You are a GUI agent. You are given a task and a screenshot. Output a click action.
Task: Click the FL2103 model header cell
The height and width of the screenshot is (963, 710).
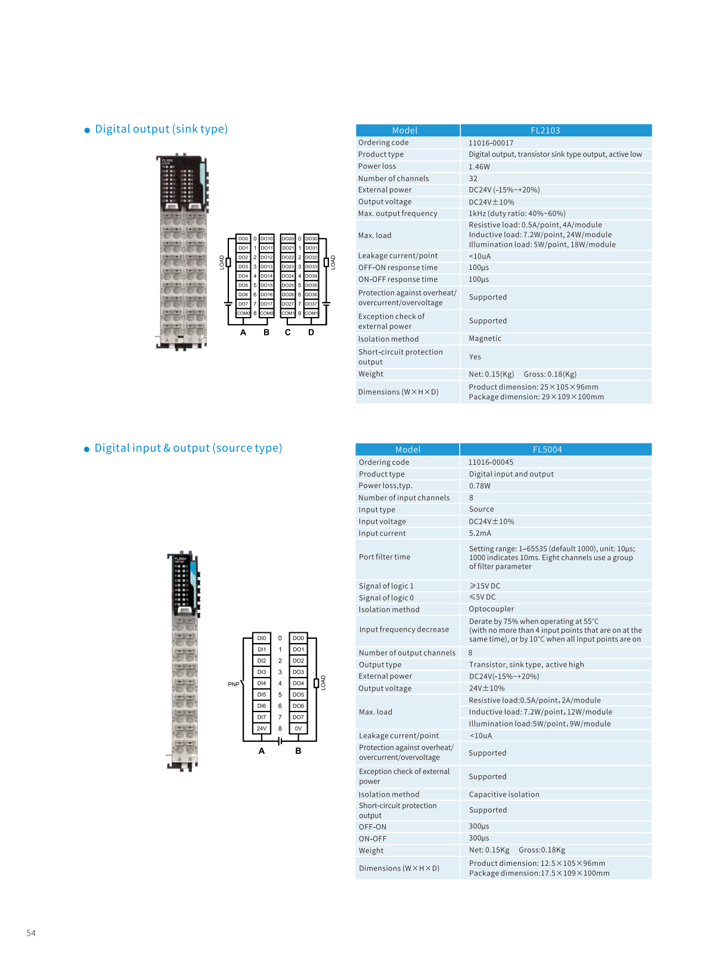(x=545, y=131)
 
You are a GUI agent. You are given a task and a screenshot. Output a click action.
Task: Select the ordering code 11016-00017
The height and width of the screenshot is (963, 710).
(x=491, y=143)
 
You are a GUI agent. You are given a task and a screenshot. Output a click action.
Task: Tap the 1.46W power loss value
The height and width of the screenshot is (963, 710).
(x=479, y=167)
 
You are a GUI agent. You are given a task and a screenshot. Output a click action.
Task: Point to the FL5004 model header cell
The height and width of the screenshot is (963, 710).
(x=547, y=450)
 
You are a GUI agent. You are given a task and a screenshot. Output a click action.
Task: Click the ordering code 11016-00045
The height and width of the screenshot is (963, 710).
(x=491, y=462)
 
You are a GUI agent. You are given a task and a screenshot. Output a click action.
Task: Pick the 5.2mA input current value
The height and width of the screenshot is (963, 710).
(x=480, y=533)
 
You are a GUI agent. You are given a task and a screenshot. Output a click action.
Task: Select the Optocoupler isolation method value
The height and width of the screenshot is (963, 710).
(x=491, y=609)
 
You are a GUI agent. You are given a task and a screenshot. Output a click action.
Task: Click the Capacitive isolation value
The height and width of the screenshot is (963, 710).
(x=504, y=794)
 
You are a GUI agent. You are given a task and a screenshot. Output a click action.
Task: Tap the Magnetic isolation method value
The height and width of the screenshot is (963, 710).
(x=485, y=338)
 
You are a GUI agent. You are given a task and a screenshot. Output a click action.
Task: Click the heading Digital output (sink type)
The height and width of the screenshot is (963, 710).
(x=161, y=129)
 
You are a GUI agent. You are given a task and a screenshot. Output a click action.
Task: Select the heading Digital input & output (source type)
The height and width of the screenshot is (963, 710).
(x=188, y=448)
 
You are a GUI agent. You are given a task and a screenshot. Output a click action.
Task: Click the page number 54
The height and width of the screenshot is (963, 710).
(x=31, y=933)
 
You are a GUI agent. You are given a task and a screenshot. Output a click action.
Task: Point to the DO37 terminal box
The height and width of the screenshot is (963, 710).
(x=311, y=304)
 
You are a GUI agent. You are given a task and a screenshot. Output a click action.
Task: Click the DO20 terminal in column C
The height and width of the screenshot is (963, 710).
(x=288, y=238)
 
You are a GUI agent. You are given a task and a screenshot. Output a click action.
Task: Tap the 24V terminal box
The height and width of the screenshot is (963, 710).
(x=262, y=728)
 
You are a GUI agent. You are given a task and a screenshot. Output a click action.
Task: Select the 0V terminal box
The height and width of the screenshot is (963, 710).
(x=298, y=728)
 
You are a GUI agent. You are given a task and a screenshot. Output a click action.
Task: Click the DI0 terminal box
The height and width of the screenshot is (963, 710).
(x=262, y=638)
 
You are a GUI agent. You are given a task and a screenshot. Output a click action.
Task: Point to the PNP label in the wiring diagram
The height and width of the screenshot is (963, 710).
(x=233, y=684)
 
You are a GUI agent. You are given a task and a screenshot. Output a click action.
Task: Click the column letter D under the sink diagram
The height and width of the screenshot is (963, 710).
(x=311, y=333)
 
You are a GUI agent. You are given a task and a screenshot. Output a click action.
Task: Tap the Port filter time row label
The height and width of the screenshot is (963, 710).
(x=385, y=557)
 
